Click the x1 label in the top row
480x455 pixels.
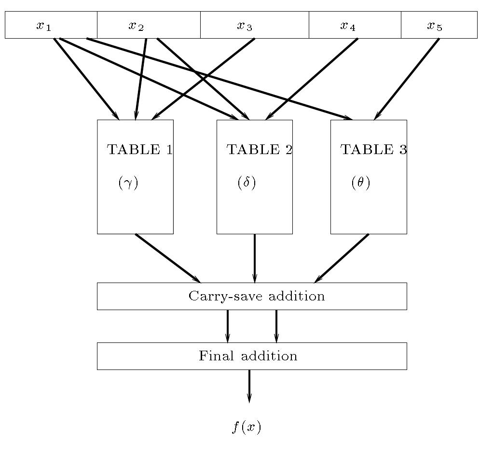[x=43, y=26]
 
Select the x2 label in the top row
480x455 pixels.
[x=136, y=26]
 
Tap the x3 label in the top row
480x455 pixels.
[x=245, y=26]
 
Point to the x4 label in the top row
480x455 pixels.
[x=348, y=26]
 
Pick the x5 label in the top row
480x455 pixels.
[x=434, y=26]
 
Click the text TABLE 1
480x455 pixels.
[x=139, y=150]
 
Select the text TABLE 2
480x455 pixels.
[x=259, y=150]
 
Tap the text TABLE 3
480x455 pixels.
[x=373, y=150]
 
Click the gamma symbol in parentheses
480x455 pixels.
[x=128, y=183]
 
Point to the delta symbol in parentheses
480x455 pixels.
[x=247, y=183]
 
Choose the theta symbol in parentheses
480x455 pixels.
[x=360, y=183]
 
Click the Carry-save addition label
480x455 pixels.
[x=257, y=296]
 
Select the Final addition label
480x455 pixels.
[x=248, y=356]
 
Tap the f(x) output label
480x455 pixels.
[x=246, y=427]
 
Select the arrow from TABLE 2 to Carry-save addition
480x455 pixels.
[x=254, y=258]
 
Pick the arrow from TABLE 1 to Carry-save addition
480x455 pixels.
[x=167, y=258]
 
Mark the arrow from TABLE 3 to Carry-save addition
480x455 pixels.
[x=342, y=258]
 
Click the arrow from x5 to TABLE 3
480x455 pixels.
[x=407, y=79]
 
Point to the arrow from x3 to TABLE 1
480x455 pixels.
[x=203, y=79]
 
